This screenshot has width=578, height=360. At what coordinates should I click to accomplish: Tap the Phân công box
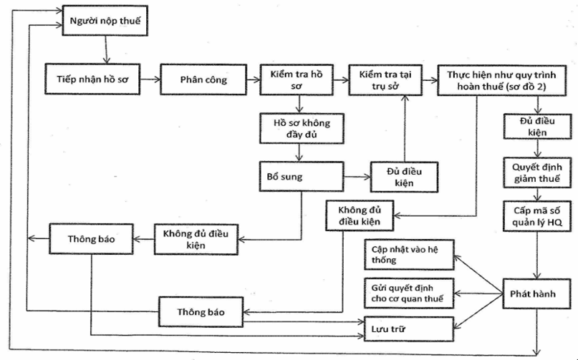[x=203, y=79]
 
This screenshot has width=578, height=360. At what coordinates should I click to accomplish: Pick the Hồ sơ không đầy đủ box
[x=295, y=127]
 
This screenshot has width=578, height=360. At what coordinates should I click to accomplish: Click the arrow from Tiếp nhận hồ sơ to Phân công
[x=148, y=79]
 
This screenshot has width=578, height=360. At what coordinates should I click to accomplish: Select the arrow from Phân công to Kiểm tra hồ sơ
[x=252, y=79]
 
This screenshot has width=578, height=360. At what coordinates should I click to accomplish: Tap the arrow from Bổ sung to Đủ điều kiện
[x=357, y=175]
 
